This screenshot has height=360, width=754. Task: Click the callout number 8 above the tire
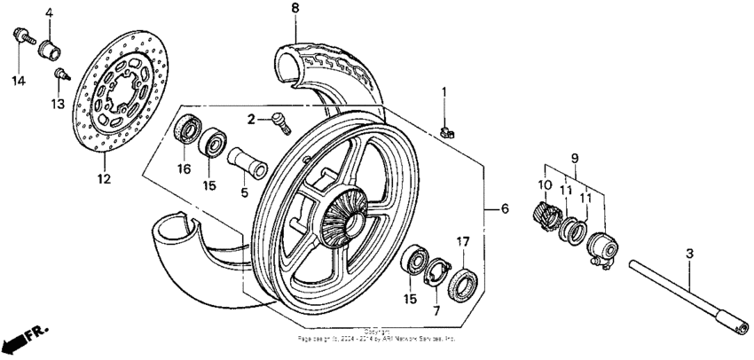[x=295, y=9]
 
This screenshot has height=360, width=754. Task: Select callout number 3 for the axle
[x=690, y=254]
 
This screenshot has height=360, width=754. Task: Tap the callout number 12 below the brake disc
[x=104, y=179]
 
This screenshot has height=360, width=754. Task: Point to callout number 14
[x=19, y=81]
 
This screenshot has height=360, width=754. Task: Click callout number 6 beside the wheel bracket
[x=504, y=209]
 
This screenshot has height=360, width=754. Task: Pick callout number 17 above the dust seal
[x=462, y=241]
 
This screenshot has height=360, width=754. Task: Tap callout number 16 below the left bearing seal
[x=185, y=168]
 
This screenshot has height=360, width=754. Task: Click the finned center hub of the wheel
[x=342, y=215]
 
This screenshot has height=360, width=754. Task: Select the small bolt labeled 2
[x=281, y=121]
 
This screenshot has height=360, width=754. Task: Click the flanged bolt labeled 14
[x=20, y=36]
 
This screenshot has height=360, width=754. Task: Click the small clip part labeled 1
[x=447, y=132]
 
